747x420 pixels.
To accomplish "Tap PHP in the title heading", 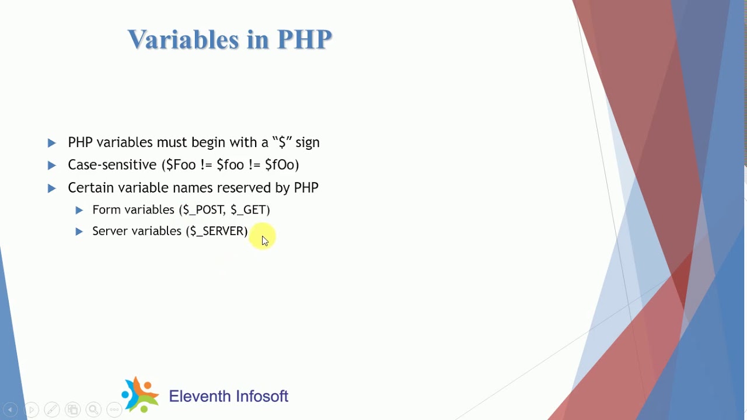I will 304,40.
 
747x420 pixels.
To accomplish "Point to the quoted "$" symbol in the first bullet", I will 281,142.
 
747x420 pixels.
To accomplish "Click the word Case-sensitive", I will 112,165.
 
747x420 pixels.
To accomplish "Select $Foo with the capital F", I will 181,165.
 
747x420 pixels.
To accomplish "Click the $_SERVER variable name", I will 217,232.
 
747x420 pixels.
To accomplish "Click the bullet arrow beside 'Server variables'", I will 79,232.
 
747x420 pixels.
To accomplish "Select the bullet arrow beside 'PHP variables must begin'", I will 52,143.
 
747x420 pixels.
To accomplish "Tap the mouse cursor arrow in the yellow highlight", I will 264,240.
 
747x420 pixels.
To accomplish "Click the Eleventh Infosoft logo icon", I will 140,395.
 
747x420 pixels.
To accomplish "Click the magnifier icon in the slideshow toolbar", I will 93,409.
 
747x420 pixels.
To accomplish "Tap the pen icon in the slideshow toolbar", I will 51,409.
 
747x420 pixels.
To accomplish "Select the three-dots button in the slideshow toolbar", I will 114,409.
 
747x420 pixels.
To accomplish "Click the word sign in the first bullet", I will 308,142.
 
